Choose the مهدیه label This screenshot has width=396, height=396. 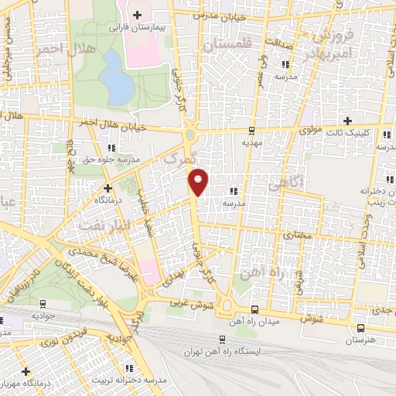pyautogui.click(x=252, y=142)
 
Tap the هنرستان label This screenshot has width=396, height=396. pyautogui.click(x=358, y=340)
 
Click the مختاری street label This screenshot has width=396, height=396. pyautogui.click(x=299, y=233)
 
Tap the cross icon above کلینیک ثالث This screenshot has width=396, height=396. pyautogui.click(x=348, y=121)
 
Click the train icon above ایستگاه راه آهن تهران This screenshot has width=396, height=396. pyautogui.click(x=223, y=339)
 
